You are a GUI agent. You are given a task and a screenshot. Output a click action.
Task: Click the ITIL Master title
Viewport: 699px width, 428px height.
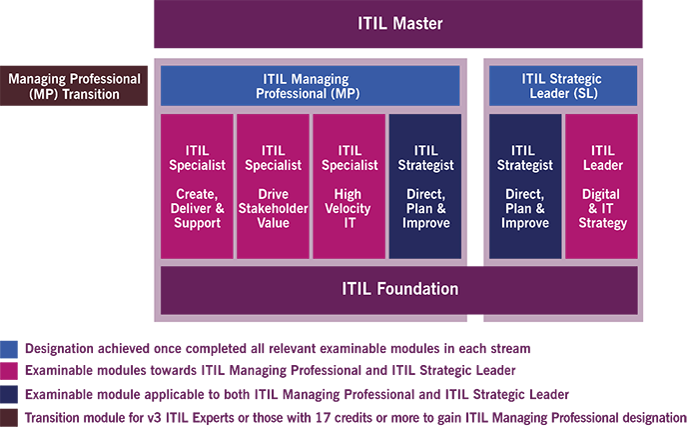coord(398,23)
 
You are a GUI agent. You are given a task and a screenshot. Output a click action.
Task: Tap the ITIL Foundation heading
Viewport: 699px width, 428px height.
coord(398,289)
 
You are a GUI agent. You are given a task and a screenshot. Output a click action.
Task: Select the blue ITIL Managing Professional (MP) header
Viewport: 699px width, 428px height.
coord(310,86)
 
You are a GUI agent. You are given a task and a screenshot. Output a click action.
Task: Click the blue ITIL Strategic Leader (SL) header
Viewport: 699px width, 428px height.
coord(562,86)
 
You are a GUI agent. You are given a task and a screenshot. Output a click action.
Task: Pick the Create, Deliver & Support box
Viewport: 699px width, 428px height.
coord(197,187)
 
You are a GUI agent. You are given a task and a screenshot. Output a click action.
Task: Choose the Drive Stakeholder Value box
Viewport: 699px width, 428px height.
coord(273,187)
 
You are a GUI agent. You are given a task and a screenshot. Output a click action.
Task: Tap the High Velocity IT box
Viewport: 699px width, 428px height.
coord(349,187)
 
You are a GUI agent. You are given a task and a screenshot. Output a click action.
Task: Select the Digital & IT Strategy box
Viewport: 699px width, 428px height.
coord(600,187)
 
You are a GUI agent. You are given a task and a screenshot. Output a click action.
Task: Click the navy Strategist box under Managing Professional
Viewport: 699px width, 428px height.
coord(424,187)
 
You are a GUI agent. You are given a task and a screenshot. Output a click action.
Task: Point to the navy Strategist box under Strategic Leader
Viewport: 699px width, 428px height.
coord(524,187)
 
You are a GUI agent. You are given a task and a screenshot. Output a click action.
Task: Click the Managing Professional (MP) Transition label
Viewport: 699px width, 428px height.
coord(75,86)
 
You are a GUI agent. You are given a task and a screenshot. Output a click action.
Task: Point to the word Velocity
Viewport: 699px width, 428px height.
coord(349,208)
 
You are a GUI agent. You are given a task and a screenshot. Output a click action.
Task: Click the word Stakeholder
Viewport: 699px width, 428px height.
coord(273,208)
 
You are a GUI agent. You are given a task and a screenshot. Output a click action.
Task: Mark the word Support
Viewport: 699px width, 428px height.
coord(197,223)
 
